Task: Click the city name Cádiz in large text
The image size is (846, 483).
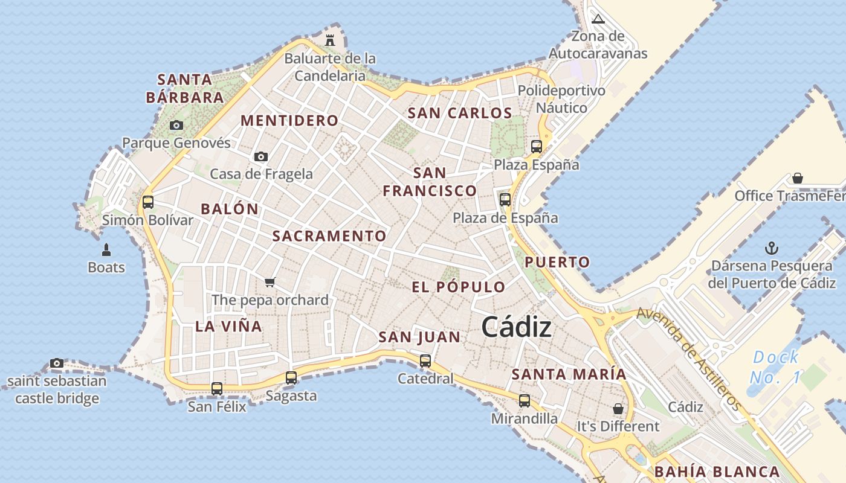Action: click(516, 328)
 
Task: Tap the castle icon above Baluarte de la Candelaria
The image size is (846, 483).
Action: click(330, 40)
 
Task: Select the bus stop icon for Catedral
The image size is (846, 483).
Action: click(425, 361)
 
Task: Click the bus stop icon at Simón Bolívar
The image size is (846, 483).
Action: click(148, 202)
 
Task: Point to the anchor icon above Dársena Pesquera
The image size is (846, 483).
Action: click(771, 248)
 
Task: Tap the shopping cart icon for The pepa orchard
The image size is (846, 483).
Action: click(270, 282)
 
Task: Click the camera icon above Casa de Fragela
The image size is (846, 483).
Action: click(261, 156)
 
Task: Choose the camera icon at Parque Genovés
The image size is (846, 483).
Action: click(176, 126)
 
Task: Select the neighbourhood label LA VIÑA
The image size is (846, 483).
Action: click(228, 327)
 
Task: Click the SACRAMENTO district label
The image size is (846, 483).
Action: click(329, 236)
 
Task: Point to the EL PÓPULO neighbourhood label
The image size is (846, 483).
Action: click(458, 287)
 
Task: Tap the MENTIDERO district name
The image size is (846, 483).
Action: click(289, 120)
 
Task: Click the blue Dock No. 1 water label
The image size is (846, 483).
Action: click(776, 367)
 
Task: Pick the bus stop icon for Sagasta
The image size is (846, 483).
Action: click(291, 378)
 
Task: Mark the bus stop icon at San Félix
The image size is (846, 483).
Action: click(217, 388)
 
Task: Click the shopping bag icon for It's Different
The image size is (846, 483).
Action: click(618, 409)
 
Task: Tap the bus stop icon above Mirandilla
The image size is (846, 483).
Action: click(525, 400)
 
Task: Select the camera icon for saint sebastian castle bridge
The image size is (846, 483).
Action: click(57, 363)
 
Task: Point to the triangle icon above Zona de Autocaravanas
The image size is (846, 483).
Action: click(598, 19)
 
